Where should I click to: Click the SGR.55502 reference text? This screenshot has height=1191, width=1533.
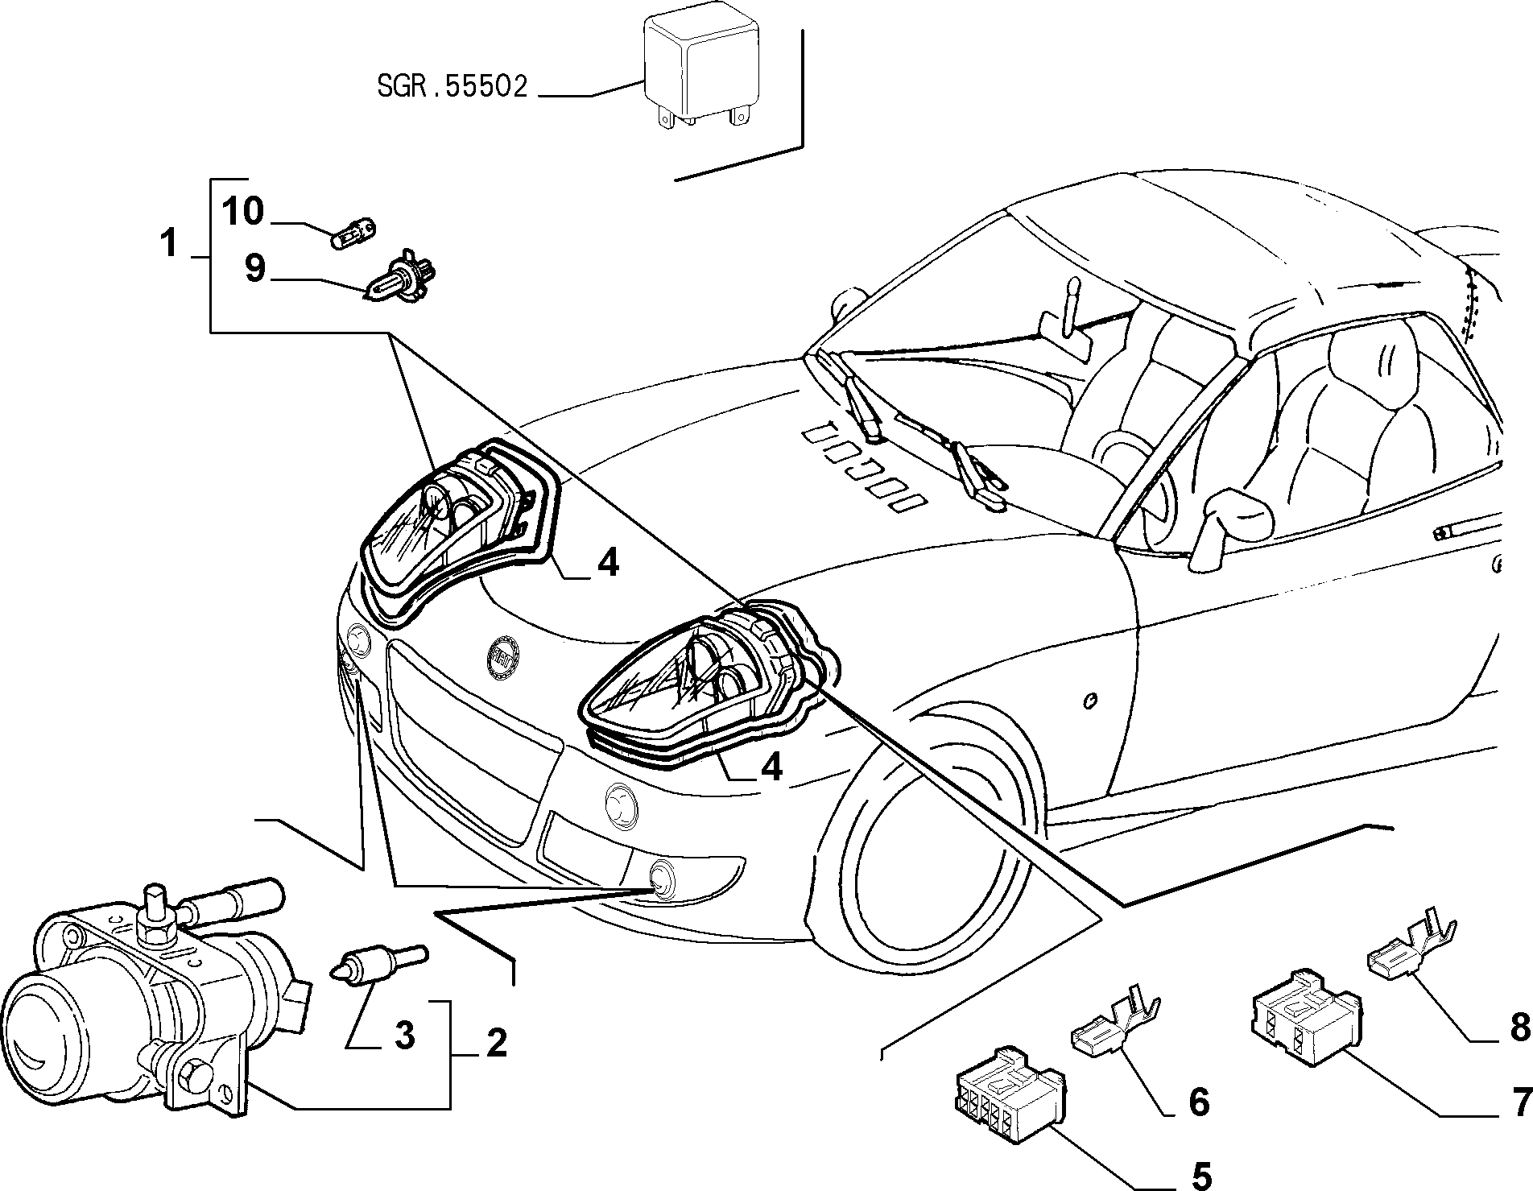452,85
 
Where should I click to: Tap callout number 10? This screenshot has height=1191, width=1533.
243,212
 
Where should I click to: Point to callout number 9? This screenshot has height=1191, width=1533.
254,267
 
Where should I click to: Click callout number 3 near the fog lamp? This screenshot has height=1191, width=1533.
404,1035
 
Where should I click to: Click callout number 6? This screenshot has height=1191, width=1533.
1199,1101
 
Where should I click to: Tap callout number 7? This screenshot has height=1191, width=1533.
1520,1101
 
